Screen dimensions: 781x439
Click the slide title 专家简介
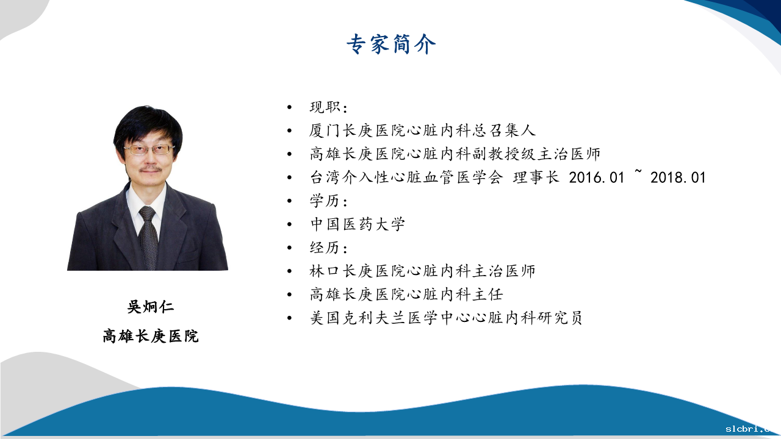pos(391,45)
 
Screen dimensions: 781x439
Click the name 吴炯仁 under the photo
pos(150,307)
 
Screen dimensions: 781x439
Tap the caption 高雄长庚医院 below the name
pos(150,336)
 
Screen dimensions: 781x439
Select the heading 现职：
pos(328,107)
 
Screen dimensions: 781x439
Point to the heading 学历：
pos(328,201)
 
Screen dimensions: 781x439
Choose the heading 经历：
pos(328,248)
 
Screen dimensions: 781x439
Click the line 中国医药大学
pos(358,224)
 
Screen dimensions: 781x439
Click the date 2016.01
pos(596,177)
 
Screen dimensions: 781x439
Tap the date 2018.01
pos(678,177)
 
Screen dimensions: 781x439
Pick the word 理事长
pos(536,177)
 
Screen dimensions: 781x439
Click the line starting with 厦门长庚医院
pos(422,130)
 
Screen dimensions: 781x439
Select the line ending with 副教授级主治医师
pos(455,154)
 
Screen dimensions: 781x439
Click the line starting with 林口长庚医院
pos(422,271)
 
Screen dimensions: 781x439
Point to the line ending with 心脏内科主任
pos(406,294)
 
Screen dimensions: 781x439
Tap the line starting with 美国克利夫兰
pos(446,318)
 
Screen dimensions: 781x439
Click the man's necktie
pos(148,237)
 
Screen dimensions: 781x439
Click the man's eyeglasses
pos(149,149)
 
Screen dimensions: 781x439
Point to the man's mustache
pos(151,170)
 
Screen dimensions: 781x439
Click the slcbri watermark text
pos(753,429)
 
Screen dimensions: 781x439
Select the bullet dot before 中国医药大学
pos(289,224)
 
